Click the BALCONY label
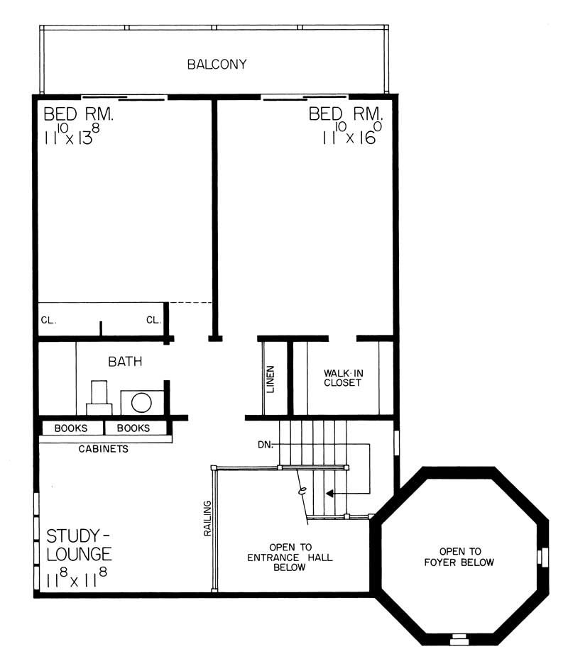point(217,65)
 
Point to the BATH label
point(125,362)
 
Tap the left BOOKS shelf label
point(71,428)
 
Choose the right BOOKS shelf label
point(133,428)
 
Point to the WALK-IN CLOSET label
point(343,377)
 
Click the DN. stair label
point(266,445)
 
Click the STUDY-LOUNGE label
point(79,543)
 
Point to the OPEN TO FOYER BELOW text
point(460,556)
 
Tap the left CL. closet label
point(48,320)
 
